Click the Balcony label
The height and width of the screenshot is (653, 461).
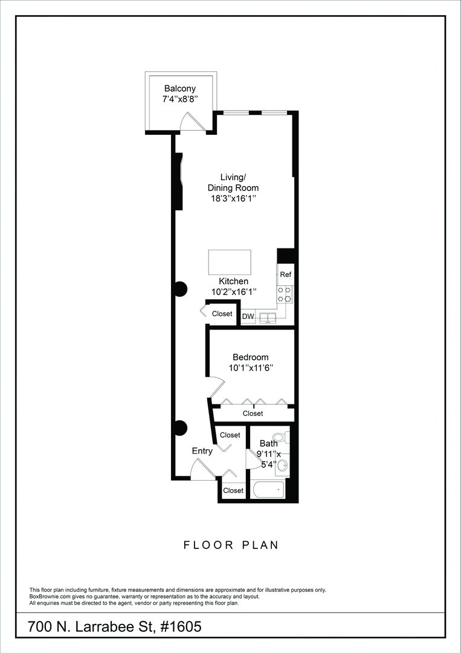[180, 89]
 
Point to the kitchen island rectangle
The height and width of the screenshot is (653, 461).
[230, 262]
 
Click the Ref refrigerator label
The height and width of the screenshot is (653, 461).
[285, 275]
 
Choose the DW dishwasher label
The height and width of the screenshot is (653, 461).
[248, 316]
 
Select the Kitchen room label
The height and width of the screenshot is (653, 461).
[233, 281]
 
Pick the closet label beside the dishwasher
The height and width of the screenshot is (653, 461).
[222, 314]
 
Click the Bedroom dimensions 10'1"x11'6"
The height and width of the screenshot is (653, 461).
[251, 368]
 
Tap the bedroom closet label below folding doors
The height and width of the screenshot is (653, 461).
[253, 414]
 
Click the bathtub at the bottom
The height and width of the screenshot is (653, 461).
[268, 489]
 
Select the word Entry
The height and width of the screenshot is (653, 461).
[202, 451]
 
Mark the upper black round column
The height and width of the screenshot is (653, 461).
[180, 289]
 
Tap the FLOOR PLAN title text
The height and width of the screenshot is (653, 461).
[231, 545]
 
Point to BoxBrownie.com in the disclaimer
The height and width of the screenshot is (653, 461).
[50, 597]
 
